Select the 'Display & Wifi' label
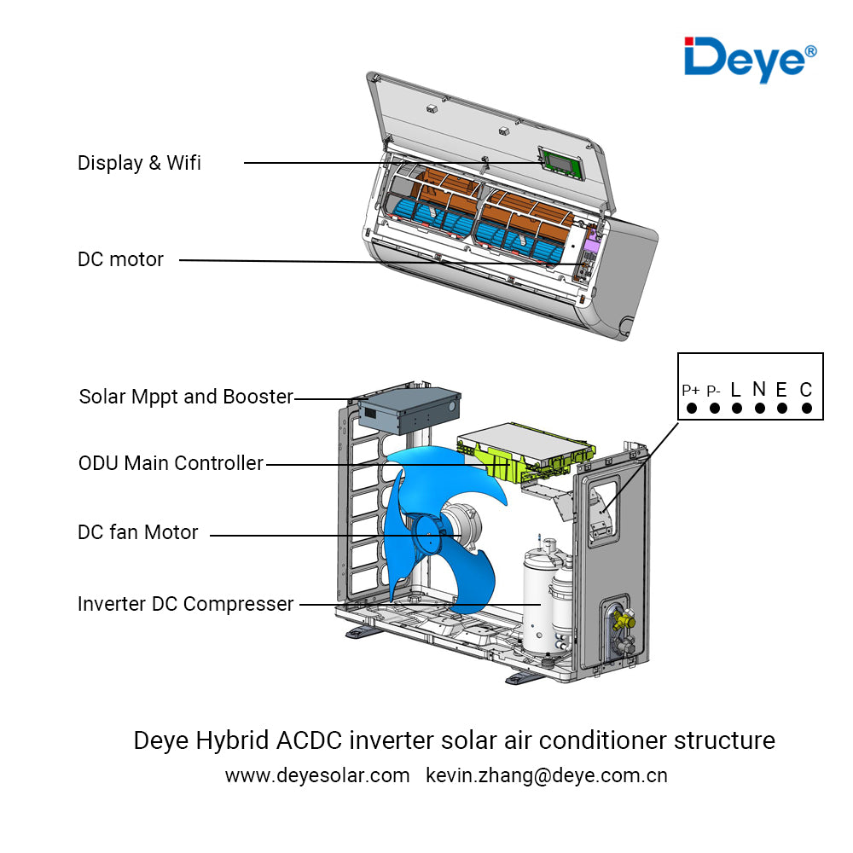(139, 163)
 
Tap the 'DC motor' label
(120, 259)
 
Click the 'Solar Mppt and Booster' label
(186, 397)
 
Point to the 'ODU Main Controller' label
(171, 463)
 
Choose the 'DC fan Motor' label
(137, 532)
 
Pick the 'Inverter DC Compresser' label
(185, 604)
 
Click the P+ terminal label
(691, 391)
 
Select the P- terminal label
(714, 391)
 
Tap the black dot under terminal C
(806, 408)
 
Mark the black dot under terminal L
(736, 408)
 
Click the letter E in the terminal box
(781, 390)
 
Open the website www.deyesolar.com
(317, 775)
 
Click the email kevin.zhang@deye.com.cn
(546, 775)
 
